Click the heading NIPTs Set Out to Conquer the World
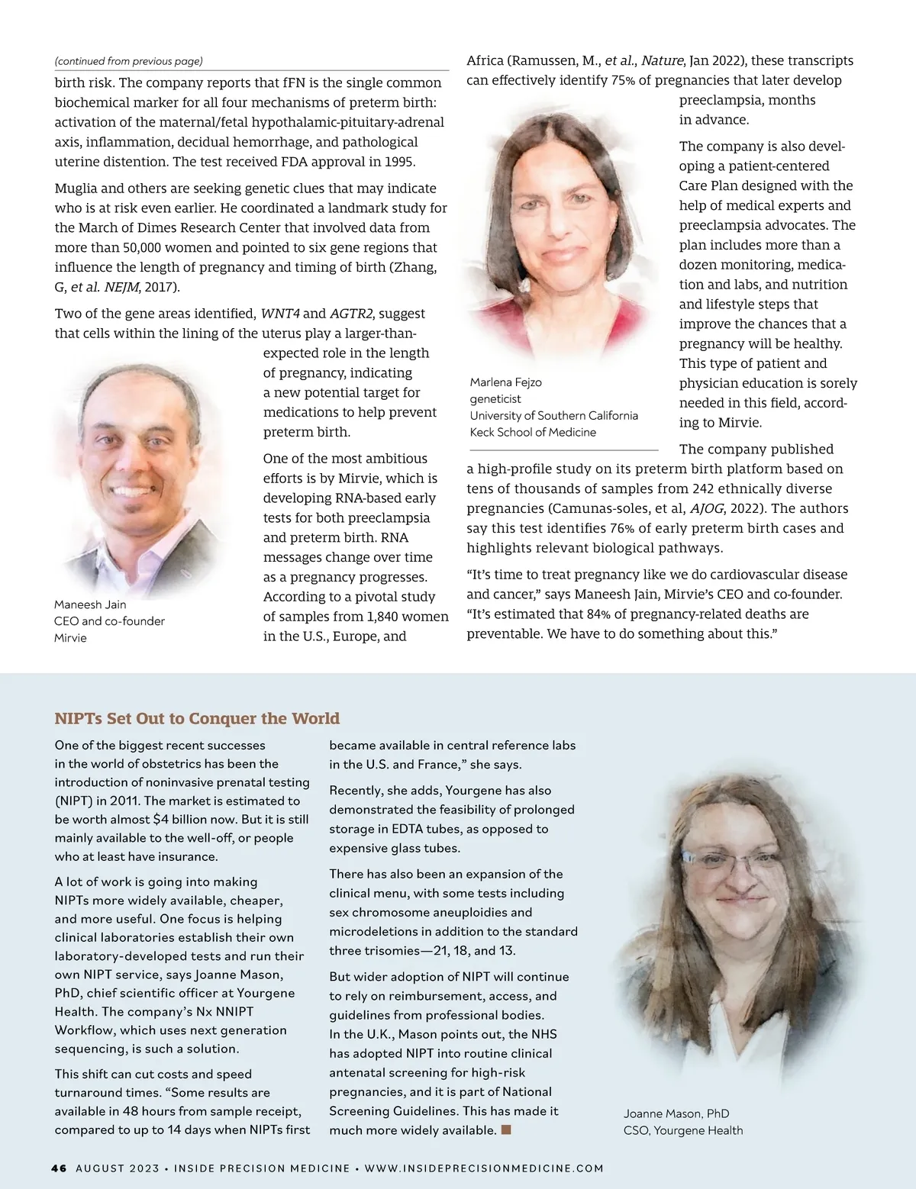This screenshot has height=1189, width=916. click(197, 718)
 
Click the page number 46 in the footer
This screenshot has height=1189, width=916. click(59, 1168)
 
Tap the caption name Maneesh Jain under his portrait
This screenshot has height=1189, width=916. click(90, 604)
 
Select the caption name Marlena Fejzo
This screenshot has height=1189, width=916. click(505, 382)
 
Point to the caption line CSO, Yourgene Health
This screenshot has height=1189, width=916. click(682, 1130)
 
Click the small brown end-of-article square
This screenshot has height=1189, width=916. click(505, 1129)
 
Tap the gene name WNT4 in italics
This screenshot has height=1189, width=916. click(280, 314)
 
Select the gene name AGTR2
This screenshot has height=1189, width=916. click(351, 314)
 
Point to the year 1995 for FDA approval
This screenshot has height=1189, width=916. click(399, 162)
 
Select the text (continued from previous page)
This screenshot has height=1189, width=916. click(128, 61)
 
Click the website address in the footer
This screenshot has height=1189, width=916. click(484, 1168)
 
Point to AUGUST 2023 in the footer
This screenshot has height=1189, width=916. click(118, 1168)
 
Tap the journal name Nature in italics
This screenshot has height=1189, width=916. click(662, 61)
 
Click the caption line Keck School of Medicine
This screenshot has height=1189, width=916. click(533, 432)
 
